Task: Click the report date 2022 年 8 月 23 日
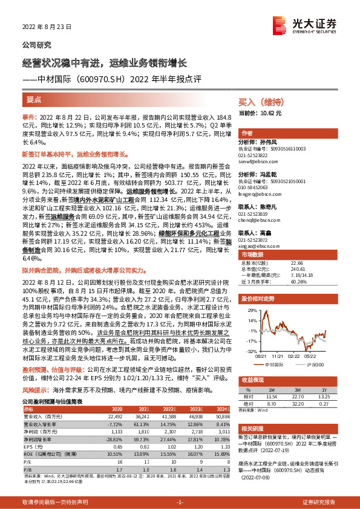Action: click(47, 27)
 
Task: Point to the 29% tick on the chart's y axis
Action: click(245, 310)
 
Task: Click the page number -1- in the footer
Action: click(180, 502)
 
